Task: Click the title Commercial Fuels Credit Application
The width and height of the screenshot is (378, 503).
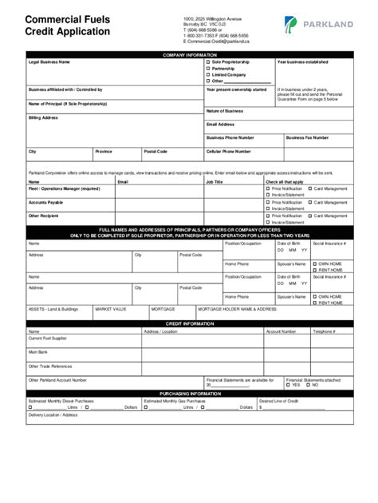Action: (x=67, y=26)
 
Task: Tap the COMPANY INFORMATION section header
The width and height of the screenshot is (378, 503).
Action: (x=190, y=54)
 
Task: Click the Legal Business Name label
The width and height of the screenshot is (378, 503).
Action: (x=49, y=61)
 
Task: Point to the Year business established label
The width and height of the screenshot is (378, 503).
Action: (x=302, y=61)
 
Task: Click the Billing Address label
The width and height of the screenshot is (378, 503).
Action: (x=44, y=117)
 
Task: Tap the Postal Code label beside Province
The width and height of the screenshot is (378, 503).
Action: (x=156, y=151)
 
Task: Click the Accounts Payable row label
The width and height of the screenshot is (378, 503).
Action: (x=45, y=203)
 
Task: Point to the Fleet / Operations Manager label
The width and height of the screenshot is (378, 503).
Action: (x=64, y=188)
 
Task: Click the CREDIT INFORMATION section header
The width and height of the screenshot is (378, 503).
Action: (x=190, y=324)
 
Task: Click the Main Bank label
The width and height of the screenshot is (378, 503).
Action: (x=38, y=351)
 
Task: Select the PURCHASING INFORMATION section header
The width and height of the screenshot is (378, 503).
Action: (x=190, y=394)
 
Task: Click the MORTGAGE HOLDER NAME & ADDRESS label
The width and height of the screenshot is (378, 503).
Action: (x=237, y=308)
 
